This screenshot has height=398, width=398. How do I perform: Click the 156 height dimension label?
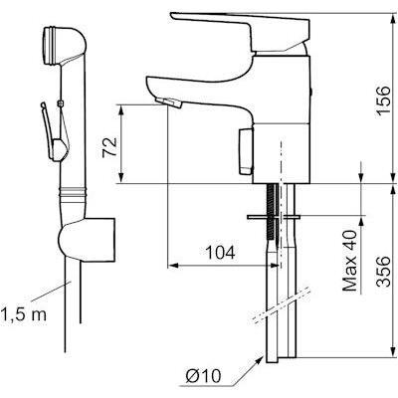pyautogui.click(x=382, y=100)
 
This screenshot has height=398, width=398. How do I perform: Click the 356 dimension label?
pyautogui.click(x=382, y=271)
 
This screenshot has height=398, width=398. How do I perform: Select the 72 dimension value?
pyautogui.click(x=110, y=147)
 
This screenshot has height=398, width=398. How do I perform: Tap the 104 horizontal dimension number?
pyautogui.click(x=221, y=253)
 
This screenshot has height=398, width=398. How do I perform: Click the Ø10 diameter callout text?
pyautogui.click(x=203, y=376)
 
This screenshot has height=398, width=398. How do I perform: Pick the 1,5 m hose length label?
pyautogui.click(x=23, y=314)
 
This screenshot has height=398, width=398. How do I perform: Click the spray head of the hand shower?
pyautogui.click(x=63, y=45)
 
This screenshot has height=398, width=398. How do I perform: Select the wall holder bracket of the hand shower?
pyautogui.click(x=87, y=240)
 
